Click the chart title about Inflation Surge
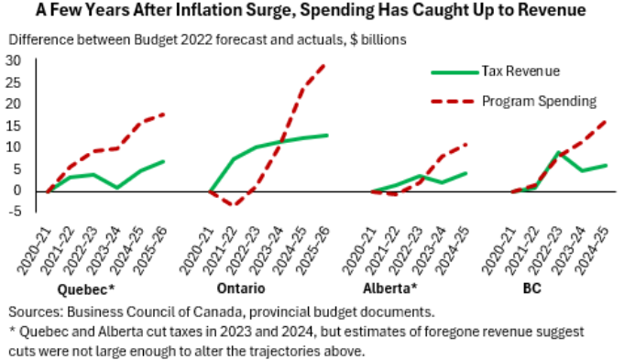point(312,12)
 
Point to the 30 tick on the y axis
point(14,60)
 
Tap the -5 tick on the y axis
point(14,212)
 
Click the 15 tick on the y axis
point(14,125)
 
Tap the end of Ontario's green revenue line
point(326,136)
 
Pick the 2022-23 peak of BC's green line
point(558,152)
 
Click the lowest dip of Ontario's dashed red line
point(235,204)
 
